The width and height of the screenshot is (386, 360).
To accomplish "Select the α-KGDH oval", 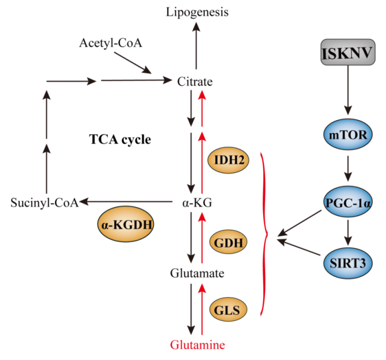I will click(125, 226).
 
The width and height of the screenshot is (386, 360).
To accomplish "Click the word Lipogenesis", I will click(198, 12).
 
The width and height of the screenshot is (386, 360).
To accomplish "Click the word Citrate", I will click(195, 82).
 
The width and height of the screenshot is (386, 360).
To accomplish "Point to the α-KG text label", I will click(194, 202).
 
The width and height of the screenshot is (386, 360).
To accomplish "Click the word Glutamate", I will click(194, 274).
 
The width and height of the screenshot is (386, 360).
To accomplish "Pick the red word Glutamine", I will click(195, 344).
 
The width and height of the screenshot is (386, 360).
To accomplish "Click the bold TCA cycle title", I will click(120, 140).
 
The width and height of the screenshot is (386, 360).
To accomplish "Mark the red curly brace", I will click(265, 233).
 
